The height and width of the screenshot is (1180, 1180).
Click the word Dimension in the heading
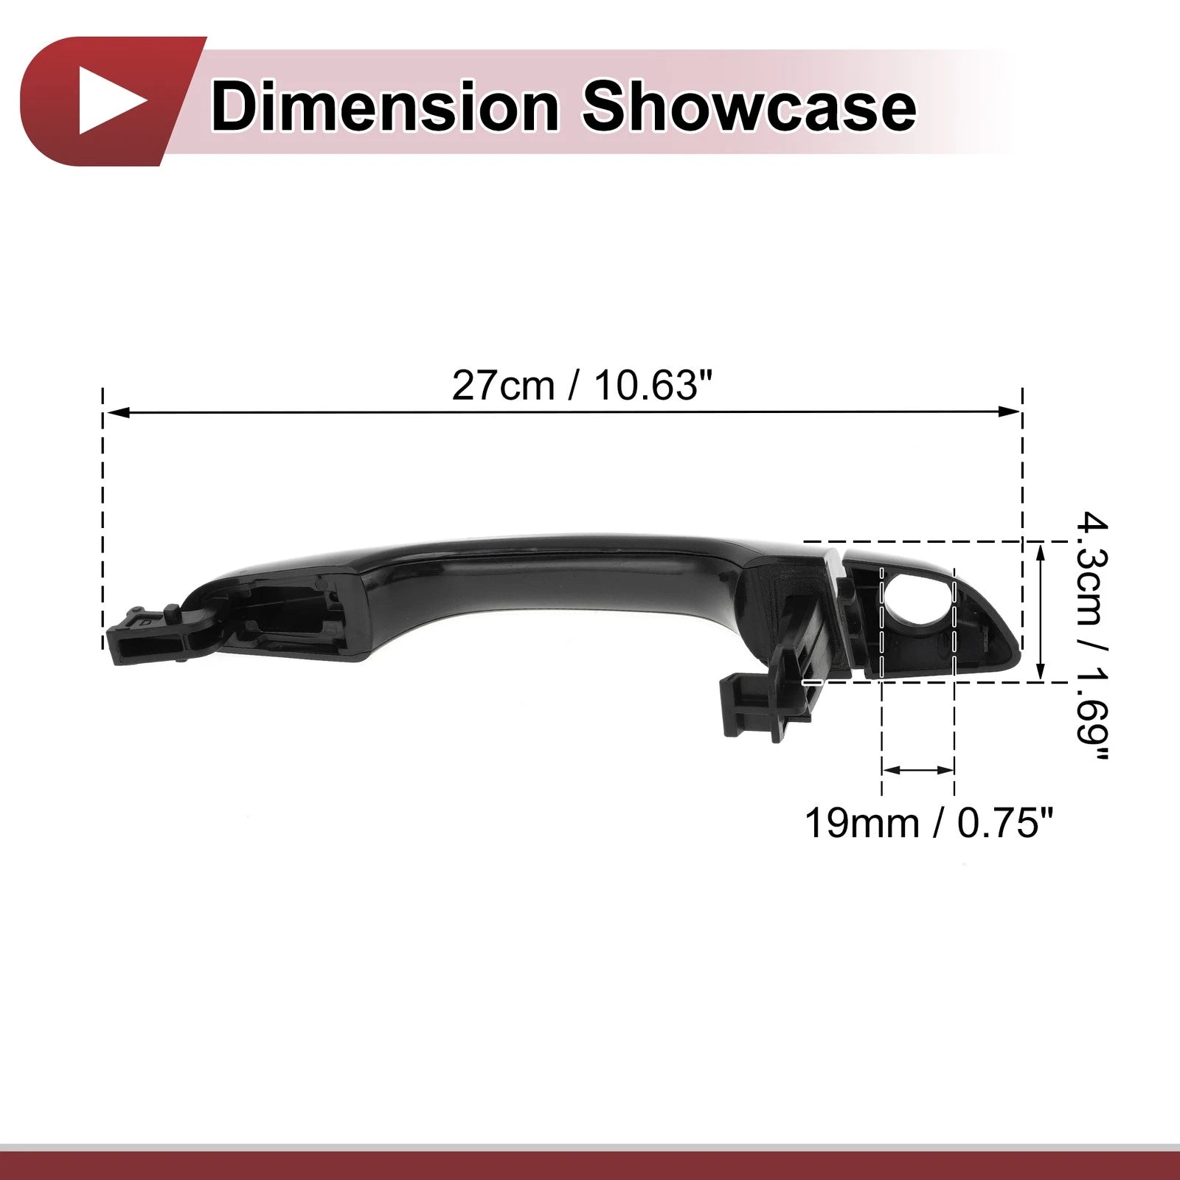pos(384,108)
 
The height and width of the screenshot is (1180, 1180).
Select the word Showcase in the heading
pos(749,108)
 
